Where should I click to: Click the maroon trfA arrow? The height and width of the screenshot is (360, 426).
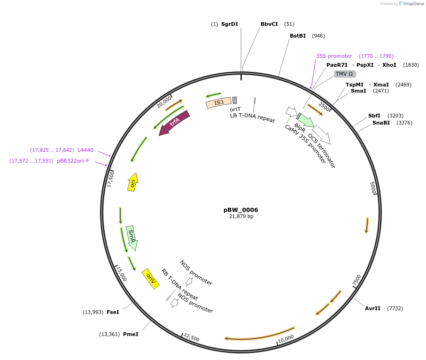coord(174,123)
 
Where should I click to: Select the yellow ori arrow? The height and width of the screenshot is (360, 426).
coord(133,181)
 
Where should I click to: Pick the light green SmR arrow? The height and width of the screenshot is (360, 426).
coord(132,237)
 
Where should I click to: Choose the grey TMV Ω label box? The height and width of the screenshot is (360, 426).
coord(345,74)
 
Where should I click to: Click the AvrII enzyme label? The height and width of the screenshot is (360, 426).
coord(372,308)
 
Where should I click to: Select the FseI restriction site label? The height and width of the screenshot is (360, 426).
coord(113,312)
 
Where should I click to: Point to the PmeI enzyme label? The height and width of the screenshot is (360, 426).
coord(131,334)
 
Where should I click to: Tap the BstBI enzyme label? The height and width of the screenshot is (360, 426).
coord(298,36)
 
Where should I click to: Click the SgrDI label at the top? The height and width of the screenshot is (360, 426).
coord(230,24)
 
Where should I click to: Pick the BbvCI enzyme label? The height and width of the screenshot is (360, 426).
coord(269,24)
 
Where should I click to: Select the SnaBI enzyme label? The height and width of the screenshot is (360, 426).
coord(381,123)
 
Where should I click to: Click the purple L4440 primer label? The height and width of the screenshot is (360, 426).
coord(85,150)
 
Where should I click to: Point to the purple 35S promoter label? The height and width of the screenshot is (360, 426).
coord(334,56)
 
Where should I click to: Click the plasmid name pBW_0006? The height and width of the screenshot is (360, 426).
coord(241,210)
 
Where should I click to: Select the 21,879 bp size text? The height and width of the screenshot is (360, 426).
coord(241,217)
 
